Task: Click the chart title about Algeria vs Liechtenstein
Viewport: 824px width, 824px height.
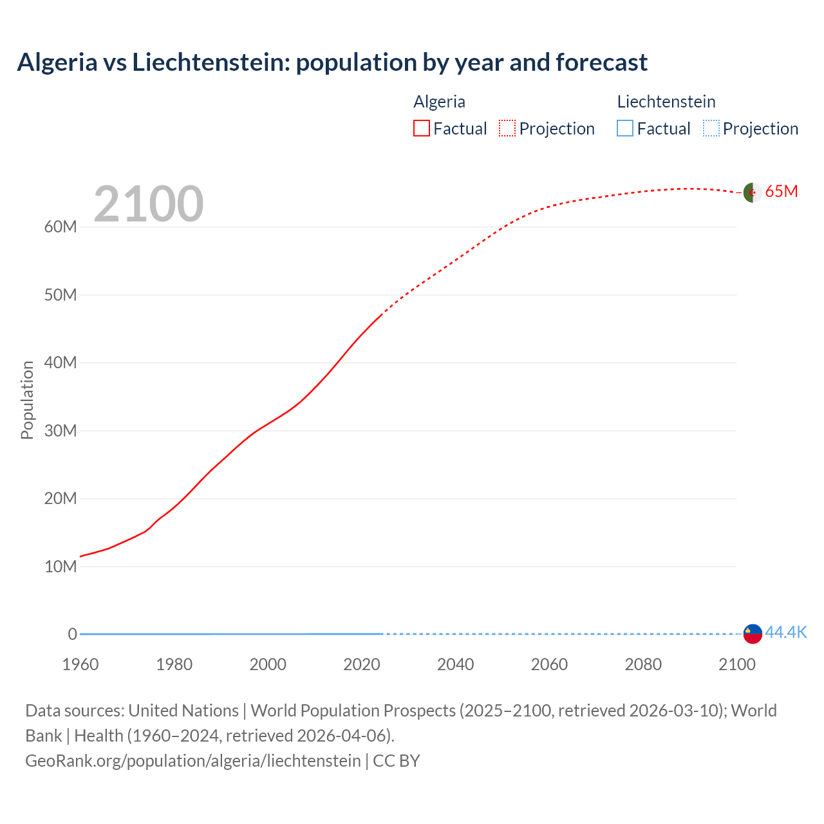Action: pos(332,62)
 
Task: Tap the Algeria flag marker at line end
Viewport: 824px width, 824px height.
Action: pos(753,192)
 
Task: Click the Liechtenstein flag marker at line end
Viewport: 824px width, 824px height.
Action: pos(753,633)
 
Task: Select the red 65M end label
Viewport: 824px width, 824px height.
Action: pos(782,192)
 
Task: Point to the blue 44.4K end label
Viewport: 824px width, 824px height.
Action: pos(785,633)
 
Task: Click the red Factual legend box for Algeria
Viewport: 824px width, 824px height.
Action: pos(422,128)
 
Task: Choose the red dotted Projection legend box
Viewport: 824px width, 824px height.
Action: pos(507,128)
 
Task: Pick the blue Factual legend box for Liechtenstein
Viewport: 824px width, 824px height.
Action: pos(625,128)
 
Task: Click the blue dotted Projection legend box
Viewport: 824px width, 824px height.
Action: pos(711,128)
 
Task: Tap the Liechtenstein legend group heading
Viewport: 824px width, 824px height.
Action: pos(666,102)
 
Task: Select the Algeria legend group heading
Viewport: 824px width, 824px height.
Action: pos(439,102)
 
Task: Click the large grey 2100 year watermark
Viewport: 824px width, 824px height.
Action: pos(149,204)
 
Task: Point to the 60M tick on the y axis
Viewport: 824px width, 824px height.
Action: pos(61,227)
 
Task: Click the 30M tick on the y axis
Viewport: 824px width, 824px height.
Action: pos(61,431)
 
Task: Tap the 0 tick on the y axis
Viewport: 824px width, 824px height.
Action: pos(72,634)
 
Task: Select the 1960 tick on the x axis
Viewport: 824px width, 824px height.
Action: pos(80,664)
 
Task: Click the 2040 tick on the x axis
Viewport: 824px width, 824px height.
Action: pos(456,664)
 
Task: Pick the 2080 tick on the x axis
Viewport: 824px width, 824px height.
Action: pos(643,664)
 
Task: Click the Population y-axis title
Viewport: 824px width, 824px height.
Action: pos(27,400)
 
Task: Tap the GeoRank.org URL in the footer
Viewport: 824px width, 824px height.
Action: pos(193,761)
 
